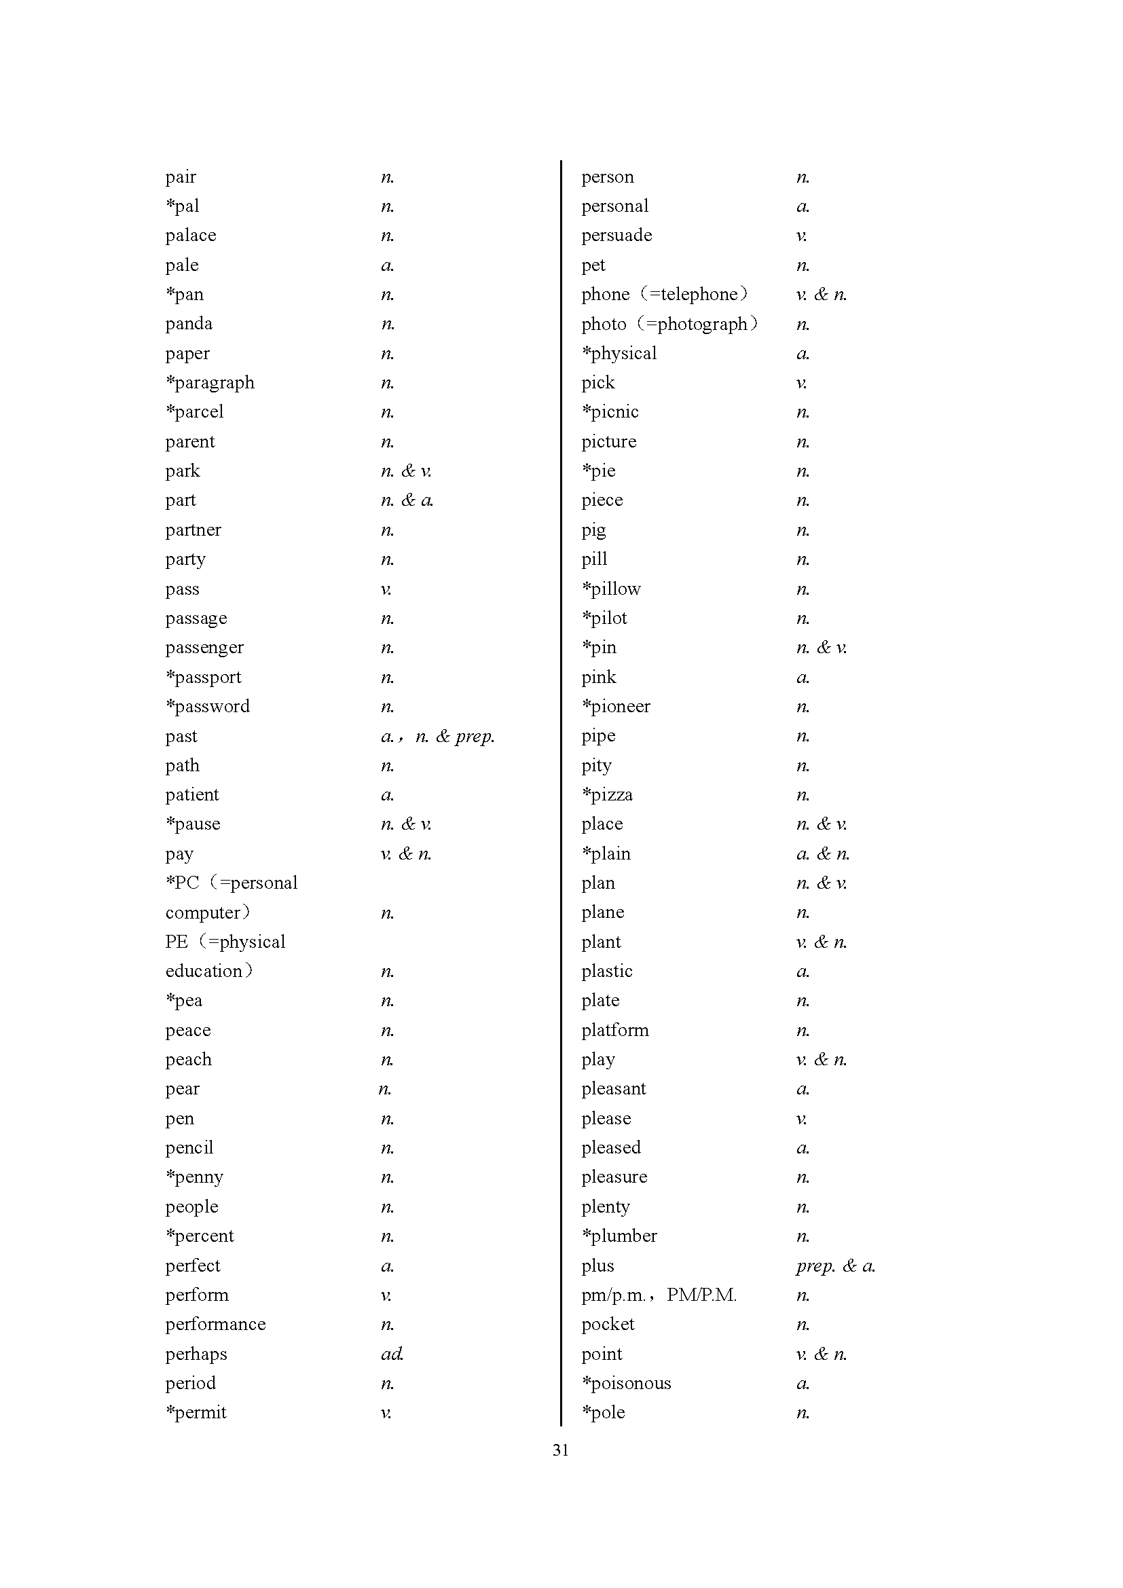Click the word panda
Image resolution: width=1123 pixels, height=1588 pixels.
[x=189, y=324]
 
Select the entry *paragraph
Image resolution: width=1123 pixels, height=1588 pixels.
[x=210, y=382]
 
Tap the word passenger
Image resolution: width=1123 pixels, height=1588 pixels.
[x=204, y=648]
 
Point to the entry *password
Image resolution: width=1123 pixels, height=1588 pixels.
[x=208, y=706]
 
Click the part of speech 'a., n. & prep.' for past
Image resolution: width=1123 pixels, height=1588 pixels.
[x=437, y=736]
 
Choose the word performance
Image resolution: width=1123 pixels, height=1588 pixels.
[x=215, y=1324]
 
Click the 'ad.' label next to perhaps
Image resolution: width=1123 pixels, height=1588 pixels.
[x=391, y=1354]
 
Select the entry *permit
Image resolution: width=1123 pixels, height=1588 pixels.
[x=196, y=1412]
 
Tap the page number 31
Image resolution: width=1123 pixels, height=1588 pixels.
[x=561, y=1449]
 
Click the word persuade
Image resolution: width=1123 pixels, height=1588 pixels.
[x=616, y=235]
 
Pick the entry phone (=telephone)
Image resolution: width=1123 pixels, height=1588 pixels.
[x=664, y=294]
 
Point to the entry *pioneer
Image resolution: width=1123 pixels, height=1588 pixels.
[x=615, y=706]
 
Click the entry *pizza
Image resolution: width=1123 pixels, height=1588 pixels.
[x=607, y=795]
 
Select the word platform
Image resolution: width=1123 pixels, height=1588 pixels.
[x=614, y=1030]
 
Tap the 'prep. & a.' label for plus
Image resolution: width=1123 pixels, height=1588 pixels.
[x=834, y=1266]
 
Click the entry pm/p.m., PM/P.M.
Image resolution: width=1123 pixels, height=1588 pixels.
[x=659, y=1295]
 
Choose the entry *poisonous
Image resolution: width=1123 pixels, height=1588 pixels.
[x=626, y=1383]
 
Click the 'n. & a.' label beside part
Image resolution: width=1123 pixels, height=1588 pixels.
[x=407, y=500]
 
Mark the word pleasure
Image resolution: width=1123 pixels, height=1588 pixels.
[x=614, y=1177]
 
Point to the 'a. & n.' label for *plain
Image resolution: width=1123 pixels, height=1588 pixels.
[x=822, y=853]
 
